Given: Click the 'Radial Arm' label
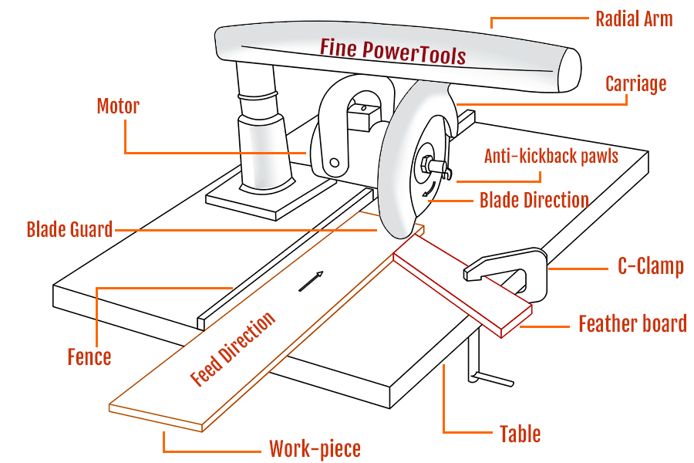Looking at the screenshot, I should (634, 19).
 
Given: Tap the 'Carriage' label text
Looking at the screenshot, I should (635, 83).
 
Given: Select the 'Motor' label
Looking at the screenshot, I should (118, 106).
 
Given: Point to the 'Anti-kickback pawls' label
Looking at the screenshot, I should (551, 157).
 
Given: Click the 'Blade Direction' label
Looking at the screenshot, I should (534, 201).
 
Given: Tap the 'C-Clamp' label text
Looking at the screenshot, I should (650, 267).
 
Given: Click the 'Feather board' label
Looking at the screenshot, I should (632, 323).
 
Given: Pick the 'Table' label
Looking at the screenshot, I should (520, 434).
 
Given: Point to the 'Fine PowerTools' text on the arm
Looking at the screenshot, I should (392, 50).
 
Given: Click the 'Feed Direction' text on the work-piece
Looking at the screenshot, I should (232, 350).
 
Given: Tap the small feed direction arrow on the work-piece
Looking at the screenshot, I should (311, 281).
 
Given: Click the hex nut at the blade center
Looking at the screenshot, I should (426, 164).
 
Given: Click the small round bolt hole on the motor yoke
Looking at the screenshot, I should (334, 163).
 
